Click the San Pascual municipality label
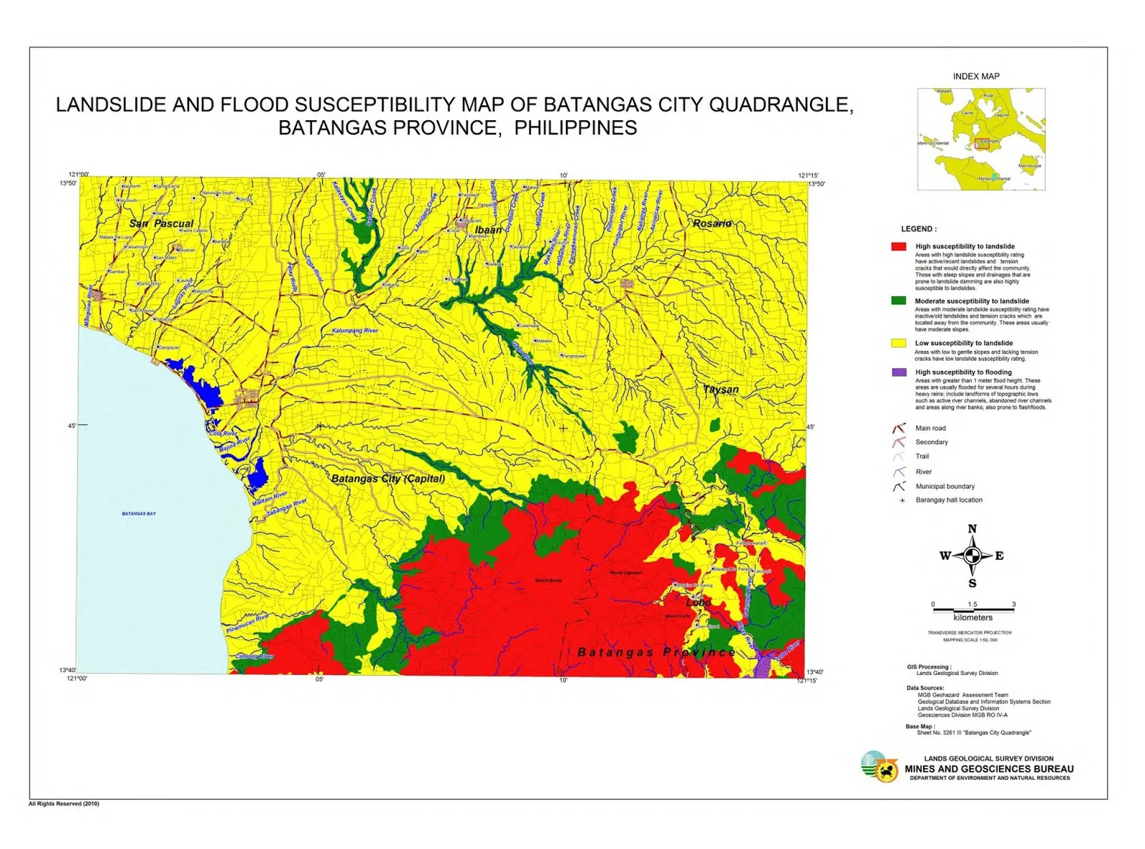click(x=161, y=223)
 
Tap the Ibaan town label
click(x=489, y=230)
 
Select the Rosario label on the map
click(x=712, y=223)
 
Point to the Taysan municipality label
click(x=721, y=389)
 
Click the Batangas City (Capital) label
click(x=388, y=478)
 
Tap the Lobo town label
click(x=698, y=603)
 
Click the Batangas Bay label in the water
click(x=139, y=513)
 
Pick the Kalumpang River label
click(x=355, y=331)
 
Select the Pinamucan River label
click(x=248, y=624)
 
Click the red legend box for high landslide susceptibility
click(x=899, y=246)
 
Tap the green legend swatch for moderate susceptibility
click(x=899, y=301)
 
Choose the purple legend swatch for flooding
click(x=899, y=372)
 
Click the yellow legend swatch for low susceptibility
click(x=899, y=343)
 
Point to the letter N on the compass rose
click(x=972, y=529)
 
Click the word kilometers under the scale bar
click(x=973, y=617)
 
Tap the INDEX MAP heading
click(x=976, y=76)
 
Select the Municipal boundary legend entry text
click(x=945, y=486)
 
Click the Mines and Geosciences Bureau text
click(x=989, y=769)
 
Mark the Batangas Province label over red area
click(x=656, y=652)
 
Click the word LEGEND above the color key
click(x=918, y=229)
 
